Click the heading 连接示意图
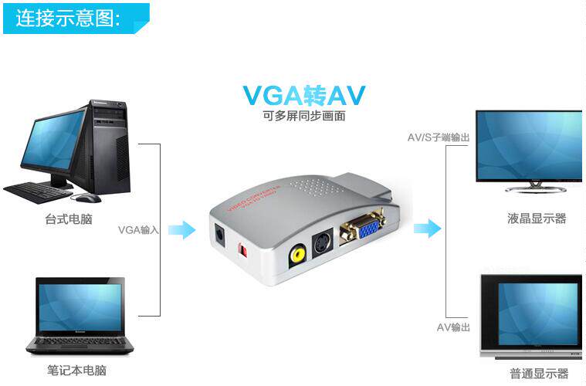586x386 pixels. coord(68,18)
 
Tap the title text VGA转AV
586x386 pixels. coord(304,95)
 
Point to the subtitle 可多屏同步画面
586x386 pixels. coord(303,117)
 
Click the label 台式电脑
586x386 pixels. coord(69,219)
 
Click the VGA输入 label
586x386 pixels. coord(138,229)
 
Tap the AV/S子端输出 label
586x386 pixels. coord(439,137)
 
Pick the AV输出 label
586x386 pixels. coord(453,327)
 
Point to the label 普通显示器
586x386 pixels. coord(539,374)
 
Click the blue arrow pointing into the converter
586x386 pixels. coord(181,229)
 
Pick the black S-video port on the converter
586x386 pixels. coord(319,242)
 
